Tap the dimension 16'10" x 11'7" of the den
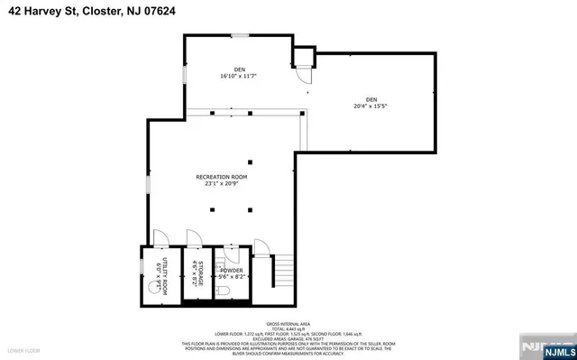239,77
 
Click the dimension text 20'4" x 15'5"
371,105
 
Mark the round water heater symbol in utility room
151,290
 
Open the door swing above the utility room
159,237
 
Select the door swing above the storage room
192,237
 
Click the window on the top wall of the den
240,36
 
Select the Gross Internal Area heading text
287,322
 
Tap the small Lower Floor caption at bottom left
20,348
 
